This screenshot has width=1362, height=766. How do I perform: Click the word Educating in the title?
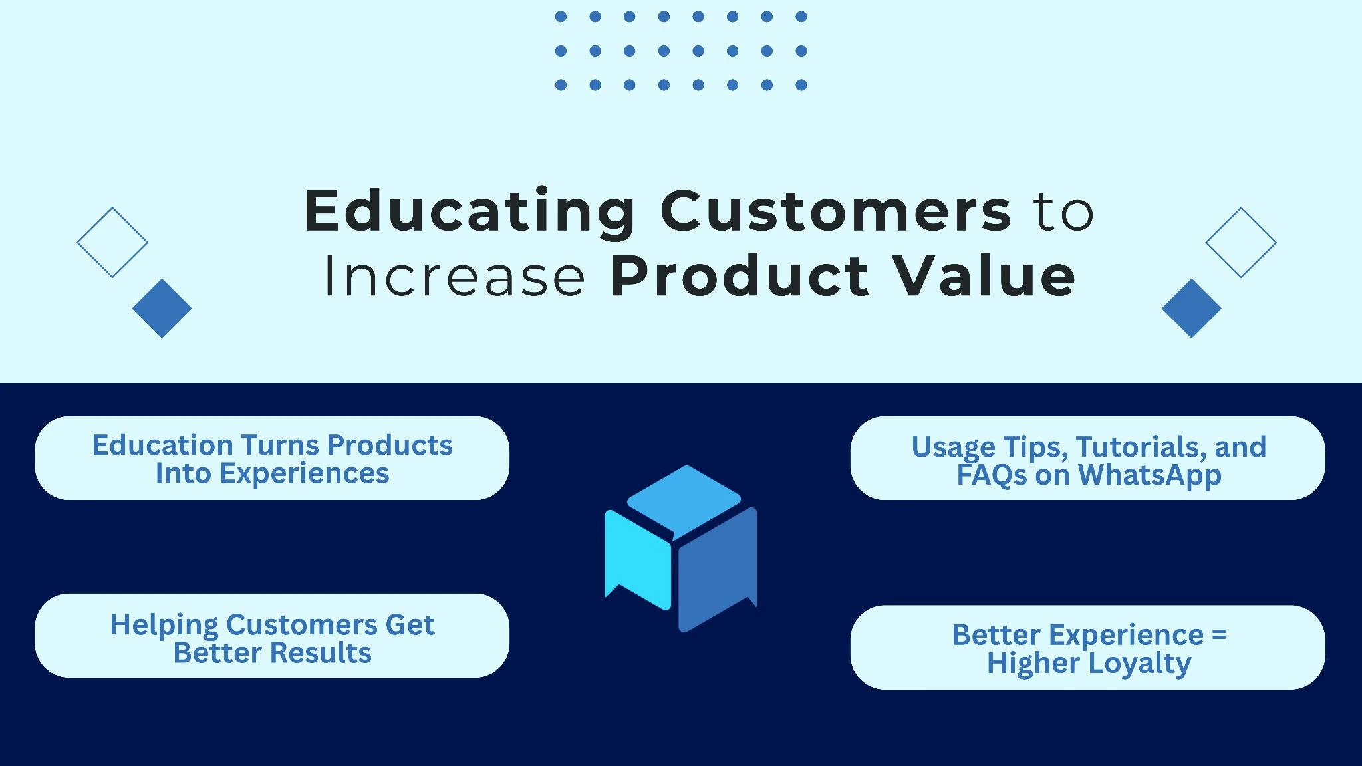pos(470,211)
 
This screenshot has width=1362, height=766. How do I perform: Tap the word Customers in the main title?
pos(836,211)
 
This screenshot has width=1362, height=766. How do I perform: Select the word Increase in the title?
pos(455,276)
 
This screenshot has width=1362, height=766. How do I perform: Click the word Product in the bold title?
pos(739,276)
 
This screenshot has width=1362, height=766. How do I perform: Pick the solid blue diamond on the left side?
pos(162,309)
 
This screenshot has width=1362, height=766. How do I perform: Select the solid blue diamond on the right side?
pos(1192,309)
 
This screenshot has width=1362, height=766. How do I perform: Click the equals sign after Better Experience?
pos(1219,635)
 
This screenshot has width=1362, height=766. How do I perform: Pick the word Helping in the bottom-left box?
pos(164,626)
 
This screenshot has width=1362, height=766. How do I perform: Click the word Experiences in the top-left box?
pos(305,474)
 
